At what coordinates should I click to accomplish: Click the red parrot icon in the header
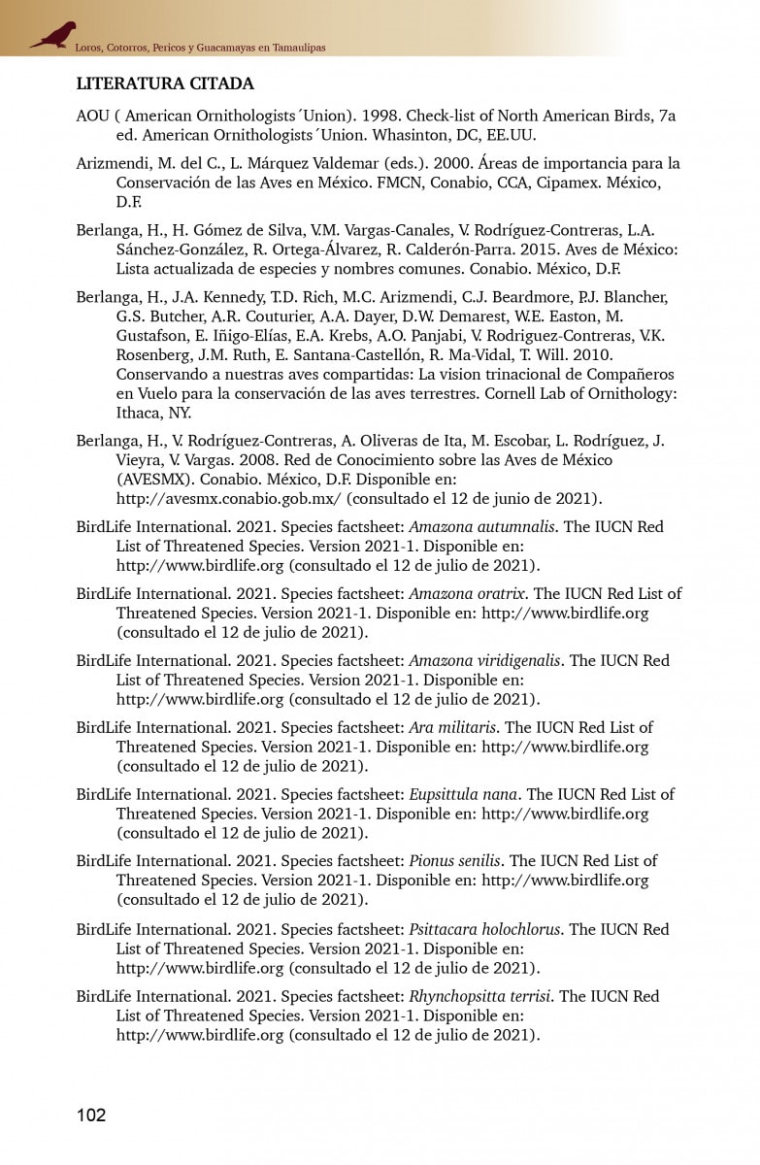coord(52,36)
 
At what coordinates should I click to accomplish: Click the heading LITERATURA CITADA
coord(165,83)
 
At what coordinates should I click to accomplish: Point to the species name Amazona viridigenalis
coord(484,660)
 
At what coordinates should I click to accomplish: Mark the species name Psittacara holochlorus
coord(484,929)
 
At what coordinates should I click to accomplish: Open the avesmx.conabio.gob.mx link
coord(228,499)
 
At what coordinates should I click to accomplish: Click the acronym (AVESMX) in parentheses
coord(157,480)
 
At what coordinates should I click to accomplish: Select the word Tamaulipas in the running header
coord(291,47)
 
